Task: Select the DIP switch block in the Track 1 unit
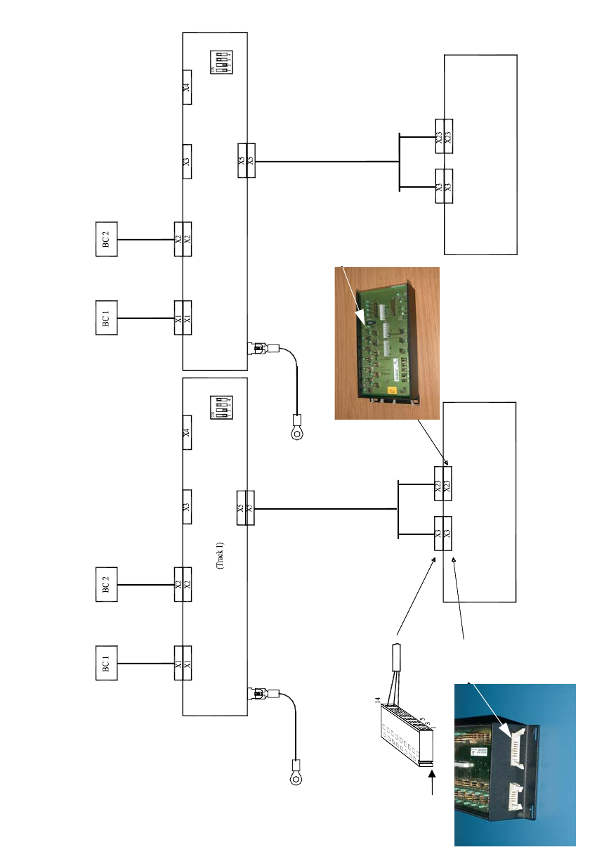222,407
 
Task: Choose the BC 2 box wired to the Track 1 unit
106,583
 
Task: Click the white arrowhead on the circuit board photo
363,320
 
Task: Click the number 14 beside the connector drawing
377,700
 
